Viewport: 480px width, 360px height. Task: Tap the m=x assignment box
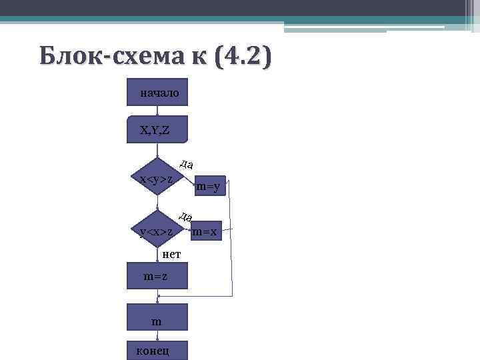[x=205, y=232]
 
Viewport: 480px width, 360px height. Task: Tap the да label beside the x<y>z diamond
[x=187, y=164]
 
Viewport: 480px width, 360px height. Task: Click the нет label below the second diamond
[x=171, y=254]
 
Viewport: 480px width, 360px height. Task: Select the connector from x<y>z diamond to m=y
[x=187, y=179]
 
